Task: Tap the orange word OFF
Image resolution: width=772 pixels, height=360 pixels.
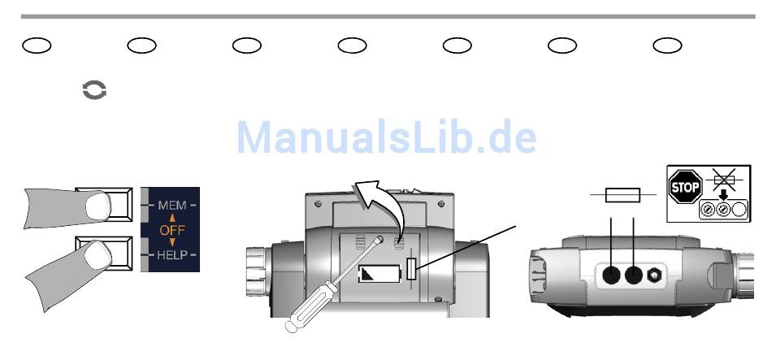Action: (171, 231)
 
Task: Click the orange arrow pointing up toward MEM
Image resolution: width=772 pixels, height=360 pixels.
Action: (171, 218)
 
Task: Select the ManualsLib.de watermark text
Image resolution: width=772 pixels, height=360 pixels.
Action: (386, 139)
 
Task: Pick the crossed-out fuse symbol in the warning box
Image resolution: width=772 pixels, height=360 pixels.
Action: (721, 180)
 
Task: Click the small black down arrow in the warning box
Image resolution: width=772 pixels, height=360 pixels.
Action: (721, 195)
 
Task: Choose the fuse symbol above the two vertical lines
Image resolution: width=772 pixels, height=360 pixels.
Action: (624, 195)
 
